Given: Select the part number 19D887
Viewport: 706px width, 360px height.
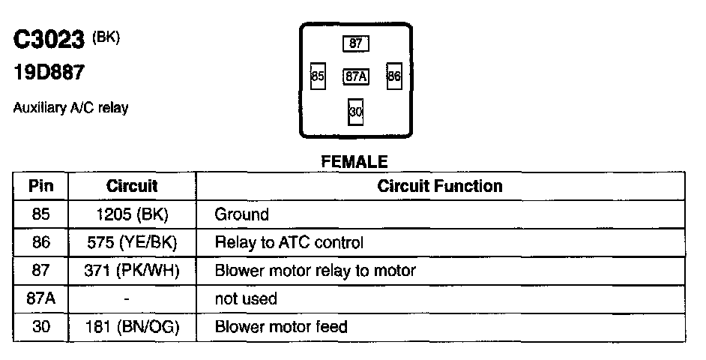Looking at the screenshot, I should (48, 73).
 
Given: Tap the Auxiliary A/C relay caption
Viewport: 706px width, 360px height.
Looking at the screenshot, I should (70, 108).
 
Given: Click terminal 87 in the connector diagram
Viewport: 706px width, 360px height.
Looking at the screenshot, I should (356, 43).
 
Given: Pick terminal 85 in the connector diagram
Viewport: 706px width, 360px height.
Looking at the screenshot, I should (318, 76).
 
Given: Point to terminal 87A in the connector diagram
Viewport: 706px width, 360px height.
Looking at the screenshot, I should (355, 76).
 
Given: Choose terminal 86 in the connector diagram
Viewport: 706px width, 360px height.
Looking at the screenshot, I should (395, 76).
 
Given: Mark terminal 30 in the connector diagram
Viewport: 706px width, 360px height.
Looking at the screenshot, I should (356, 112).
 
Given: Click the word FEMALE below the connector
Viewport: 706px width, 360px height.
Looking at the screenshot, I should (354, 161).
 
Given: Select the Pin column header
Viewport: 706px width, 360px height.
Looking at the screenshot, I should (40, 185).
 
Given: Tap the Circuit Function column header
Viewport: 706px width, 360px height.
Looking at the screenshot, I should (440, 185).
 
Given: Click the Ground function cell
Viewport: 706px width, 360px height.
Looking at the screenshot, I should (241, 214).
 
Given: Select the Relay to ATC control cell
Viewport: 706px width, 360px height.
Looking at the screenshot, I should (289, 243).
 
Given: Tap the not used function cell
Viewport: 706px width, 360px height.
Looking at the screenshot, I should (246, 298).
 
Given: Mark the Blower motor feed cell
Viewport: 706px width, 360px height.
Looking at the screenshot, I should (281, 327).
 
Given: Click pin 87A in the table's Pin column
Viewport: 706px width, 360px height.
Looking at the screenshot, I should (40, 298).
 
